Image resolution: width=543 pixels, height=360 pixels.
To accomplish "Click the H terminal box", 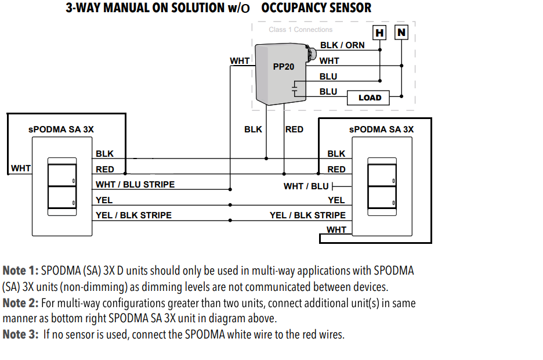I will (379, 33).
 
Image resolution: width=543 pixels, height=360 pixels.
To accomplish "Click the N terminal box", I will (401, 33).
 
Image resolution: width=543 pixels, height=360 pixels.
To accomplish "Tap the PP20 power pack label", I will (284, 67).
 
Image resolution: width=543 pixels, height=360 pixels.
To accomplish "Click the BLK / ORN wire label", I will (342, 45).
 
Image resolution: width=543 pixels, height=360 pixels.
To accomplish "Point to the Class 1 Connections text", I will (301, 30).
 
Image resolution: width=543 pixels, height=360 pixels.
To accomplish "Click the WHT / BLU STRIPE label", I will (135, 185).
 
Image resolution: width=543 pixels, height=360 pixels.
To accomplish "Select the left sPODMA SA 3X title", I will (61, 129).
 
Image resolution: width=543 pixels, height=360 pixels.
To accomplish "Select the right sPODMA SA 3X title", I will (381, 129).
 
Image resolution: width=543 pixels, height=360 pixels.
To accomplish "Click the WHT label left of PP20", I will (240, 60).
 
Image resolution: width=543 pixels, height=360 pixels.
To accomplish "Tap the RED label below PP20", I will (294, 129).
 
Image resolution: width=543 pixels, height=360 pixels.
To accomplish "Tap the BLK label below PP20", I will (253, 129).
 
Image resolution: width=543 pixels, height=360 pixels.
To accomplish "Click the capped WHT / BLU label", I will (306, 186).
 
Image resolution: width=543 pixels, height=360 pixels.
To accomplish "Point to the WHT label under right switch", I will (336, 230).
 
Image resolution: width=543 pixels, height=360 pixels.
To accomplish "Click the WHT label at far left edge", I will (21, 168).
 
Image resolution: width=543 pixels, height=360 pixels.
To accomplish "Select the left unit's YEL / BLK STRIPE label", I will (133, 215).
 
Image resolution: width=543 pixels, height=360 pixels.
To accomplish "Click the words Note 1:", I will (22, 271).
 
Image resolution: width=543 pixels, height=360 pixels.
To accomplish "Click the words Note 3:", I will (22, 334).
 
